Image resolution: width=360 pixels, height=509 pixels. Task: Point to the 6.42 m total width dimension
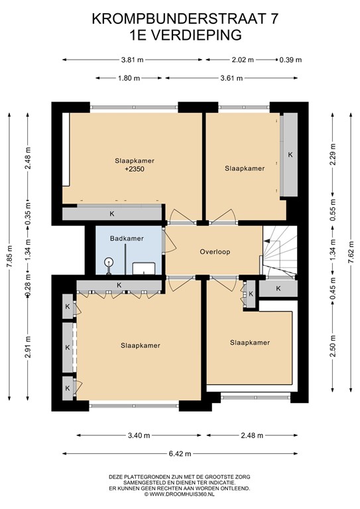[x=179, y=454]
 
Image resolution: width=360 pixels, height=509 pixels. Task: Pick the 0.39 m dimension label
[x=290, y=60]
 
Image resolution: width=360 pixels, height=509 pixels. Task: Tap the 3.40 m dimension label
[x=138, y=435]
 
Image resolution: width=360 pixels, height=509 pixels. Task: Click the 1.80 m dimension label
[x=129, y=78]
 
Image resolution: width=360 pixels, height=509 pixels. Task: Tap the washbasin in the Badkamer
[x=143, y=268]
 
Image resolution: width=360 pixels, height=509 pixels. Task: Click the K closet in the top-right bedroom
[x=290, y=154]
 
